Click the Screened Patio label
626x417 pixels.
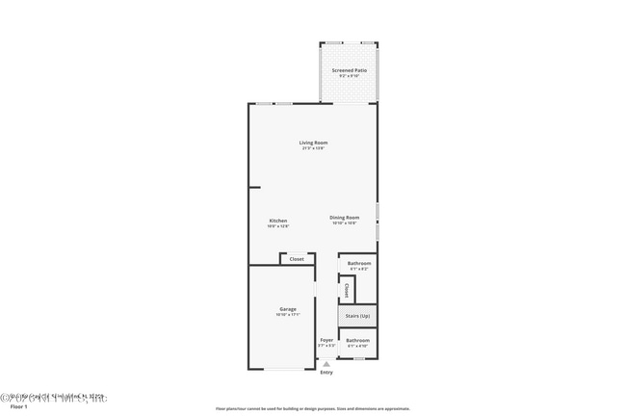click(349, 70)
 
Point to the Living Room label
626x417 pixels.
click(313, 143)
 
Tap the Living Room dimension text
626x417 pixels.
click(313, 148)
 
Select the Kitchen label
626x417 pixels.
click(277, 221)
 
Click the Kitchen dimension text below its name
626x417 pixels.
click(277, 226)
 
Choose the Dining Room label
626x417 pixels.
click(344, 218)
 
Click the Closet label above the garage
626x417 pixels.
click(297, 259)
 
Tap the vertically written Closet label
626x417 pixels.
click(346, 289)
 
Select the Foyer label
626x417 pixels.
click(326, 340)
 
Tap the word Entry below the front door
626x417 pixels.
click(326, 373)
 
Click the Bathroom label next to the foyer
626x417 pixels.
click(358, 340)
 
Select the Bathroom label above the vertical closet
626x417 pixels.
click(359, 263)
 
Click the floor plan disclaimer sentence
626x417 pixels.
click(312, 408)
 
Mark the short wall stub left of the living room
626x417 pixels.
click(254, 187)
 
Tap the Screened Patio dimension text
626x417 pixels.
click(349, 76)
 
